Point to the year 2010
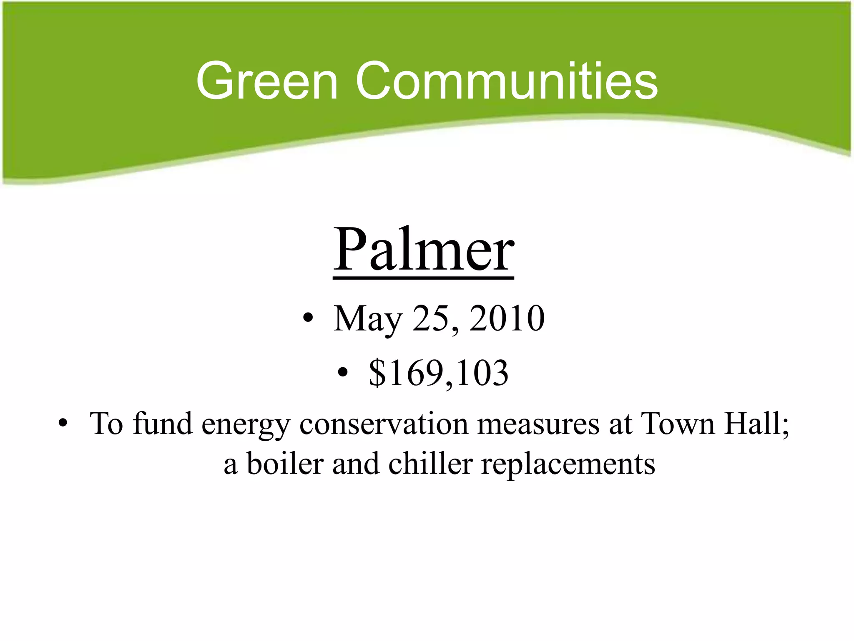click(x=507, y=318)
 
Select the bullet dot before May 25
click(x=308, y=319)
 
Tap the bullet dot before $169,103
click(x=342, y=373)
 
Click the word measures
click(x=538, y=424)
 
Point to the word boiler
click(x=285, y=464)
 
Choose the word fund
click(x=163, y=424)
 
